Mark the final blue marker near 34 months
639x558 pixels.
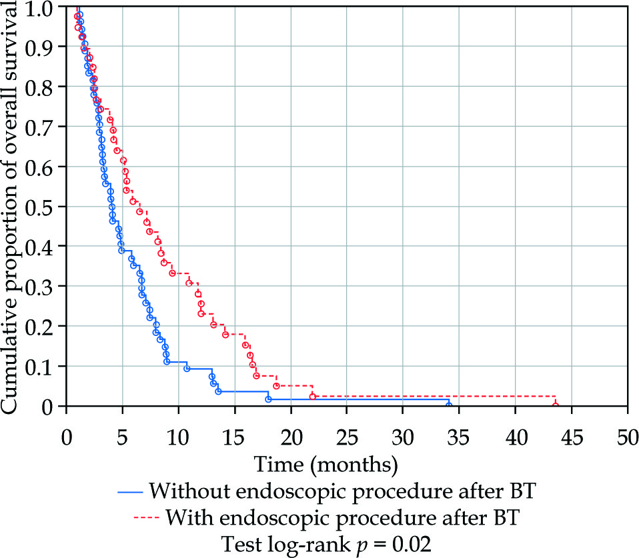click(x=449, y=405)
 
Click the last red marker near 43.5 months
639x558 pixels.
click(x=556, y=404)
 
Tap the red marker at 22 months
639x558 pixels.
click(x=313, y=397)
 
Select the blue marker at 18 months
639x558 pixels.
click(x=268, y=399)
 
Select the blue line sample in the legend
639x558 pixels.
click(x=131, y=493)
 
